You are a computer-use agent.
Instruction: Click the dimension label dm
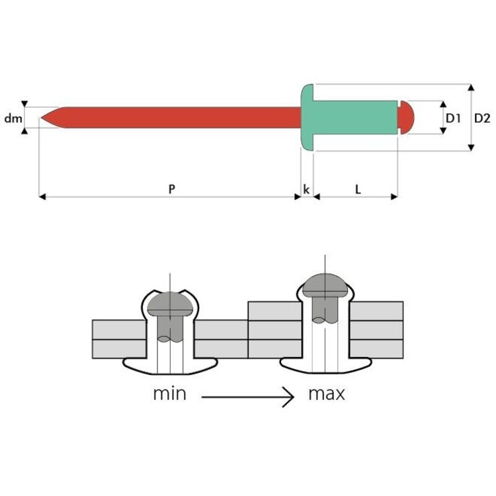pyautogui.click(x=13, y=118)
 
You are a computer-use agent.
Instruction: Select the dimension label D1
pyautogui.click(x=453, y=118)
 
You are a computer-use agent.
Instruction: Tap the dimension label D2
pyautogui.click(x=482, y=118)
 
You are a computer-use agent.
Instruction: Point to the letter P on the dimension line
pyautogui.click(x=171, y=189)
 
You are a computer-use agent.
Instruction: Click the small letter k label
pyautogui.click(x=306, y=189)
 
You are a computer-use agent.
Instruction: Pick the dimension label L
pyautogui.click(x=358, y=190)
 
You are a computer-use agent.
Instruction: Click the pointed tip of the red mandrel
pyautogui.click(x=41, y=118)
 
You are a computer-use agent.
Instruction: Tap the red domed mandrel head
pyautogui.click(x=407, y=118)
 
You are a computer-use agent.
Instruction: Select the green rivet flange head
pyautogui.click(x=307, y=117)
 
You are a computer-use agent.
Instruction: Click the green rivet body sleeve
pyautogui.click(x=355, y=118)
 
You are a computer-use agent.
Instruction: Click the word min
pyautogui.click(x=169, y=394)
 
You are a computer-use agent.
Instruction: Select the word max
pyautogui.click(x=327, y=394)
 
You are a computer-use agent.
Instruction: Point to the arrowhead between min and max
pyautogui.click(x=290, y=397)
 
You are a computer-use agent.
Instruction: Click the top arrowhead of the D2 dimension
pyautogui.click(x=471, y=87)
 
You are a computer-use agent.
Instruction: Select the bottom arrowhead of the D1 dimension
pyautogui.click(x=443, y=131)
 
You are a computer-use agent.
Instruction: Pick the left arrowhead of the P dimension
pyautogui.click(x=42, y=197)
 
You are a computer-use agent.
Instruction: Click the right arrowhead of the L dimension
pyautogui.click(x=394, y=197)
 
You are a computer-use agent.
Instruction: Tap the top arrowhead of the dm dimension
pyautogui.click(x=24, y=104)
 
